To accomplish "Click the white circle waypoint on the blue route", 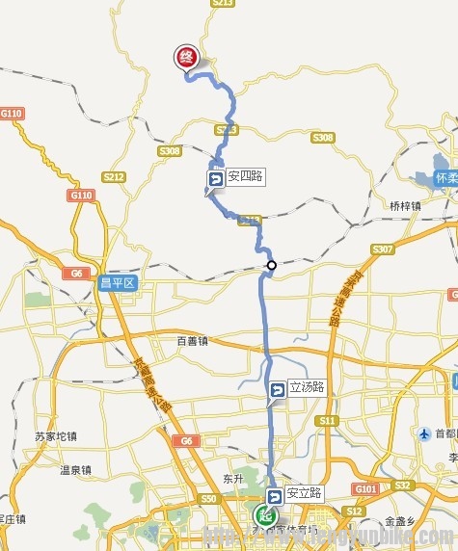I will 272,265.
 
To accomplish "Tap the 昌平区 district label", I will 124,283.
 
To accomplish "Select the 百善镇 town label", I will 193,340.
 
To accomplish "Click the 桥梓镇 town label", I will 406,205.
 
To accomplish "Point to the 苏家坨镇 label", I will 54,435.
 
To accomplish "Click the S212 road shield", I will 114,177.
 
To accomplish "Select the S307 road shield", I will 383,249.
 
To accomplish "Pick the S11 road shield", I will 329,421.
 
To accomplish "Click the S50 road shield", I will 208,499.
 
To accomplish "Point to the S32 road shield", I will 403,485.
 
